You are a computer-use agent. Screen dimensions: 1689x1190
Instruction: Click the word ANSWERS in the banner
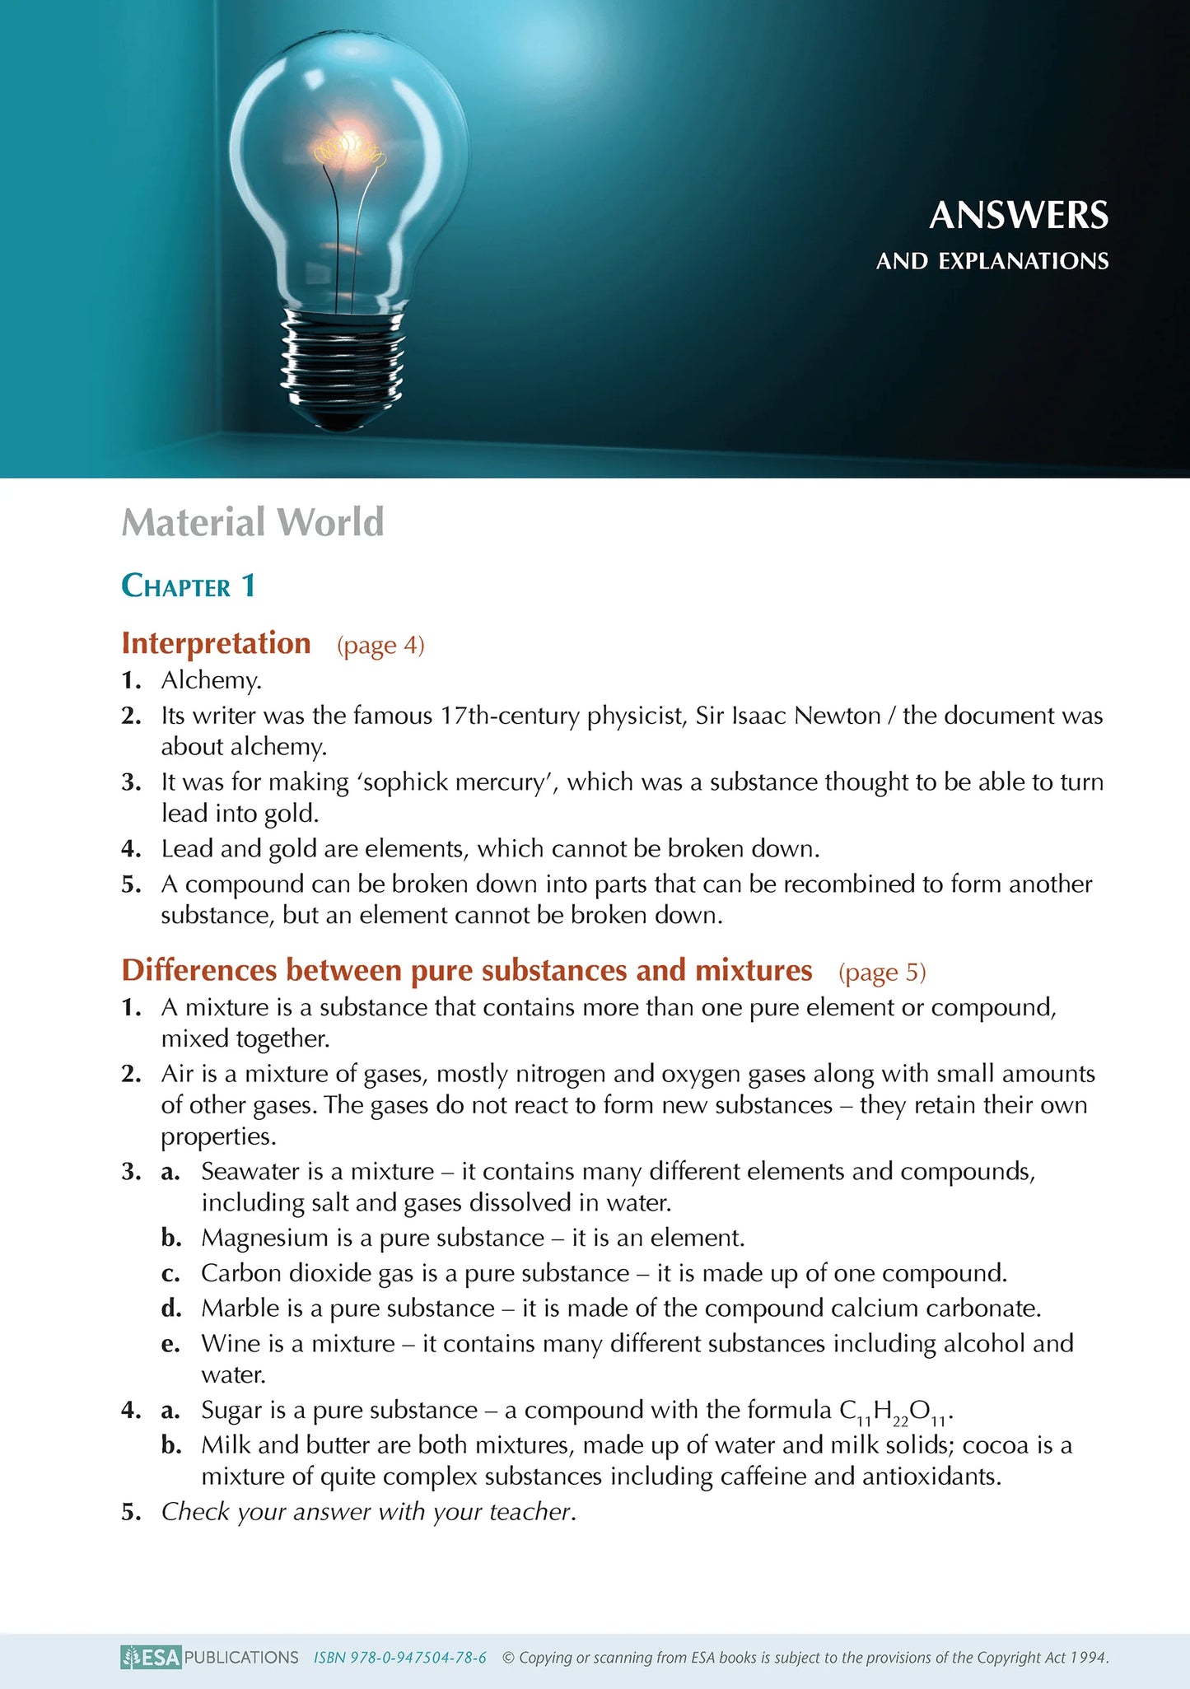point(1019,216)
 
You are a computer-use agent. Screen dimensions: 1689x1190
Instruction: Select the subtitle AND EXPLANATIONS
point(992,262)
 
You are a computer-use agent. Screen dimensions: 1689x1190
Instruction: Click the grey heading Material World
point(253,522)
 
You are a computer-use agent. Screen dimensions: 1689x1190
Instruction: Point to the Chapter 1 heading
point(189,586)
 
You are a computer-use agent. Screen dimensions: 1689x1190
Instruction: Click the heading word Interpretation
point(216,643)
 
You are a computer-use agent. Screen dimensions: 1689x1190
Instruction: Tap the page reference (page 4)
point(380,646)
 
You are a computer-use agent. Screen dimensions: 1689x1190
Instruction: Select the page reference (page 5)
point(882,973)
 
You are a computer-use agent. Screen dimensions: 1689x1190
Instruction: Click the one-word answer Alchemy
point(211,680)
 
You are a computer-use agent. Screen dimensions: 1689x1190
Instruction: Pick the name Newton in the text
point(838,716)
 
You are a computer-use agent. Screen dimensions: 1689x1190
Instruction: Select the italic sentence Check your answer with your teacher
point(368,1512)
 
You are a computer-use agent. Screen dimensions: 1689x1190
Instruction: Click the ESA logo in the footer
point(151,1657)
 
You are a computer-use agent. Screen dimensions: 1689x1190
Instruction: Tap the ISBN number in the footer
point(400,1658)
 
